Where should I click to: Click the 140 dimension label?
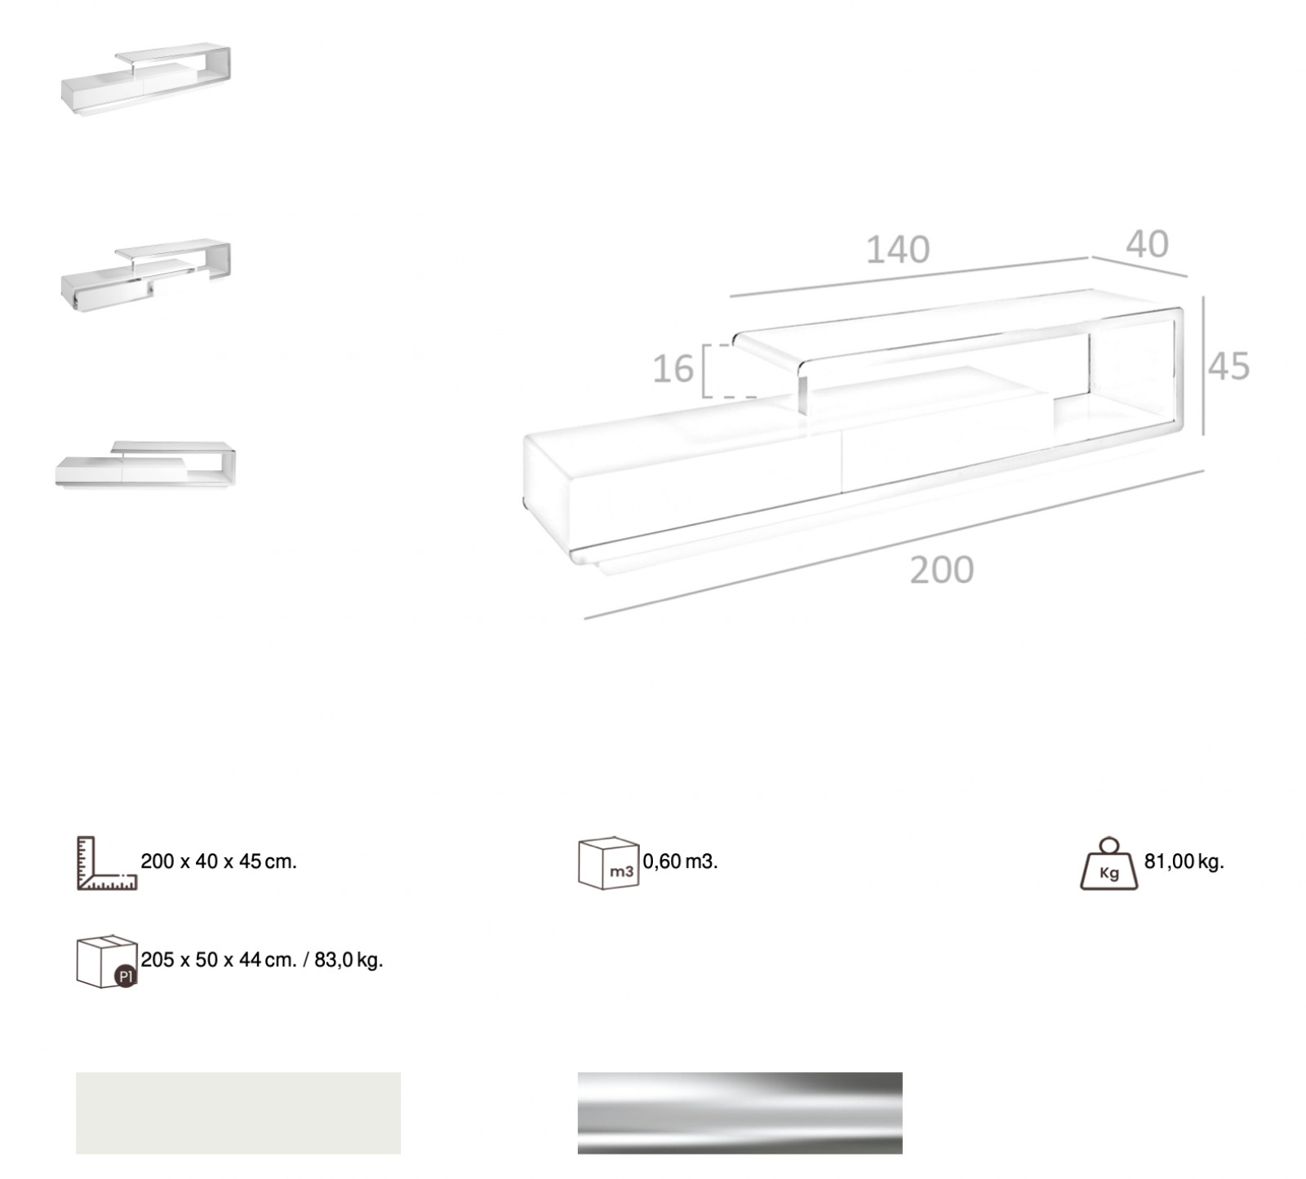[897, 250]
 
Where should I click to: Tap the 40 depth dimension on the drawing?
[1147, 244]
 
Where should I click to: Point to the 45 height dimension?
[1228, 367]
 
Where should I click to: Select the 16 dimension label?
[673, 369]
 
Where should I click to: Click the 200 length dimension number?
[942, 570]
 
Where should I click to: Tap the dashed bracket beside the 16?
[718, 371]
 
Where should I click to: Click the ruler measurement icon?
[107, 862]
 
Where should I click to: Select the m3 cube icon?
[608, 862]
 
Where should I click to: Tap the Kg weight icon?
[1108, 863]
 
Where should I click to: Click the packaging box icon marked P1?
[107, 961]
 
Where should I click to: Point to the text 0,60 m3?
[680, 861]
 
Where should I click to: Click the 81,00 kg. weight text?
[1184, 861]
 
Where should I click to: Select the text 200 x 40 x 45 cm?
[219, 861]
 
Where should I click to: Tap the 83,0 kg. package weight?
[349, 960]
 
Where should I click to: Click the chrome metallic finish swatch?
[740, 1113]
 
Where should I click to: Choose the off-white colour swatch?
[238, 1113]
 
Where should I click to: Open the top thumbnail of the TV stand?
[146, 79]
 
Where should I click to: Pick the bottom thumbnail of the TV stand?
[145, 465]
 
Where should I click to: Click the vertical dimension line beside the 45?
[1203, 366]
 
